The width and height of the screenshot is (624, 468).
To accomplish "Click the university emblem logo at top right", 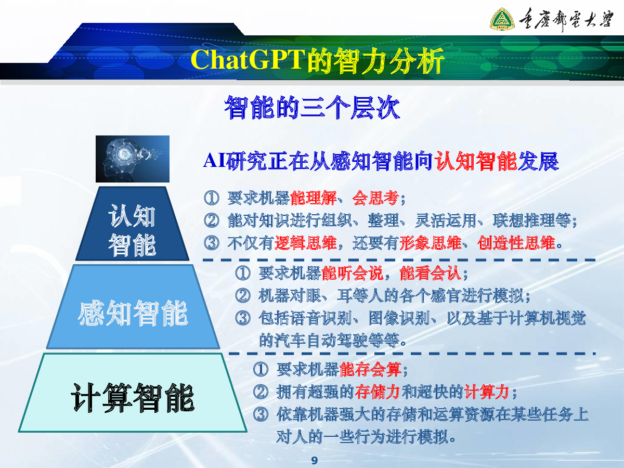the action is click(x=502, y=19).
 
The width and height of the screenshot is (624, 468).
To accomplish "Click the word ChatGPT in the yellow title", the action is click(x=248, y=59).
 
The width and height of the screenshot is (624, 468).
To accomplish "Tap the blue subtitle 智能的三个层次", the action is click(x=312, y=107).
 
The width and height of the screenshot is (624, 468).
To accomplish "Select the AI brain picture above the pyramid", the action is click(x=133, y=159).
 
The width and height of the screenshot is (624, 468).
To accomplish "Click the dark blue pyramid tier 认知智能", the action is click(x=133, y=224).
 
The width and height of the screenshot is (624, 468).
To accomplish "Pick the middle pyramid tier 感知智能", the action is click(x=133, y=307).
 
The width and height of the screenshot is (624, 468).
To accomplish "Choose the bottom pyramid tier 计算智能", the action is click(x=133, y=393).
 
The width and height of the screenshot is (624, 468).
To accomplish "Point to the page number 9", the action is click(x=315, y=460).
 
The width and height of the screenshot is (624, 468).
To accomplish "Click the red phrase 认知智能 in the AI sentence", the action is click(x=476, y=161).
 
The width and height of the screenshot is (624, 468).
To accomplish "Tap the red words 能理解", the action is click(x=313, y=198).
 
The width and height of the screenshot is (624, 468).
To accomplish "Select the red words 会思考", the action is click(x=375, y=198).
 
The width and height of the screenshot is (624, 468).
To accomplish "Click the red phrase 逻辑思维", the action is click(x=306, y=243).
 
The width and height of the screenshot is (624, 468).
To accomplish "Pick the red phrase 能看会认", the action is click(x=431, y=274).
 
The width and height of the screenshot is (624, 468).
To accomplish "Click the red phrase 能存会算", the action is click(x=371, y=370).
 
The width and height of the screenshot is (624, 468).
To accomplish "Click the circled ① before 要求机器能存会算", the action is click(x=261, y=370).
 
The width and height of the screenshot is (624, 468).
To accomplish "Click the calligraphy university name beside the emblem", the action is click(x=566, y=19).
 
